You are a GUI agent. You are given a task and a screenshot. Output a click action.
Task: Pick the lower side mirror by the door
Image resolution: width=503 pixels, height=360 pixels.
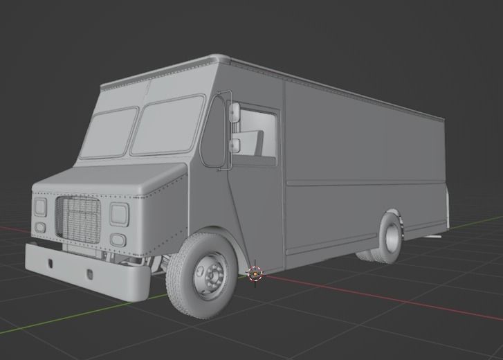[x=235, y=145]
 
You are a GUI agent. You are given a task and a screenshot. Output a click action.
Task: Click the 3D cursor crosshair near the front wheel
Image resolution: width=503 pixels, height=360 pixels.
[x=255, y=273]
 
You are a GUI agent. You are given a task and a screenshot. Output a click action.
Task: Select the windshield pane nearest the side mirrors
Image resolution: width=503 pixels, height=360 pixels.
[x=168, y=125]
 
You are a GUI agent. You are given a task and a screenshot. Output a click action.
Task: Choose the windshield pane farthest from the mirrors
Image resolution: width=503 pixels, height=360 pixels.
[x=109, y=133]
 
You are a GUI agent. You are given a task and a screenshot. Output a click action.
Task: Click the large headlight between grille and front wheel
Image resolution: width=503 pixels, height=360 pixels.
[x=119, y=214]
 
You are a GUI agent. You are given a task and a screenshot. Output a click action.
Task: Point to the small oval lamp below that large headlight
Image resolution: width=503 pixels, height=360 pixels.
[x=118, y=240]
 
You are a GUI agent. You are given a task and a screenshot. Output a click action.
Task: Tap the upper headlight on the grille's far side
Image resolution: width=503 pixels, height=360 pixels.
[x=41, y=207]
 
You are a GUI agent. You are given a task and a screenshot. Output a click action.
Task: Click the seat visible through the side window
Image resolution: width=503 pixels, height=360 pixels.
[x=261, y=144]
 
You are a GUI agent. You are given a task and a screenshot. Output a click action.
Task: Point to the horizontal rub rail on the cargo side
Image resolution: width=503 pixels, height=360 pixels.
[x=367, y=183]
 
